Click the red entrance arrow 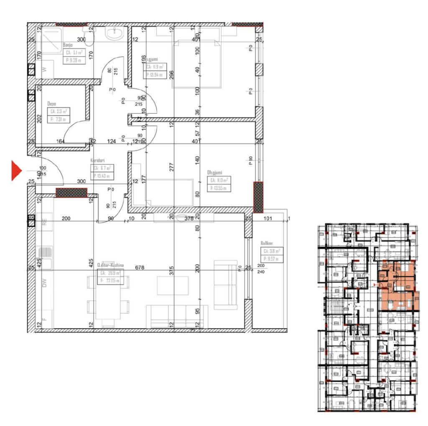[x=16, y=171]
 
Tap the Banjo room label [x=68, y=45]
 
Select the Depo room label [x=52, y=105]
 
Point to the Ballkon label [x=267, y=243]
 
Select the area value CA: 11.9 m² [x=155, y=67]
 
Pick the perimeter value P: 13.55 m [x=219, y=188]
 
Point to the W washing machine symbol [x=44, y=70]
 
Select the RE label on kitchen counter [x=44, y=223]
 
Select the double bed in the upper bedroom [x=197, y=63]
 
